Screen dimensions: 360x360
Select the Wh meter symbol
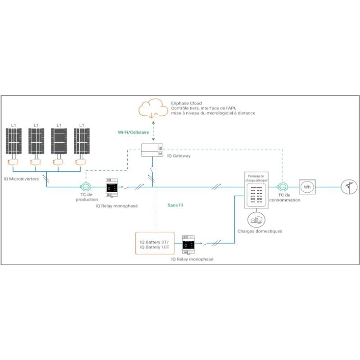[x=308, y=187]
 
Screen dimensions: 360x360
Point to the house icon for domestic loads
[x=256, y=219]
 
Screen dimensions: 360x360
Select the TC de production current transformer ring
[x=85, y=187]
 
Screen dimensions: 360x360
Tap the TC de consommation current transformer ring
[x=283, y=187]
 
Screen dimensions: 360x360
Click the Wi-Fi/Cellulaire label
[x=134, y=132]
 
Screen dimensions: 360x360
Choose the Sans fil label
[x=175, y=205]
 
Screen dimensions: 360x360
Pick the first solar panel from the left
[x=13, y=142]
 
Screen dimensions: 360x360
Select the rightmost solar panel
[x=81, y=142]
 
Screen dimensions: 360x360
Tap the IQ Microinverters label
[x=21, y=178]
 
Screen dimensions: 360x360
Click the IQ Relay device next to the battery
[x=188, y=246]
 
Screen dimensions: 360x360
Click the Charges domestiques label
[x=260, y=231]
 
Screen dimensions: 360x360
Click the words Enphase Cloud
[x=185, y=103]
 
